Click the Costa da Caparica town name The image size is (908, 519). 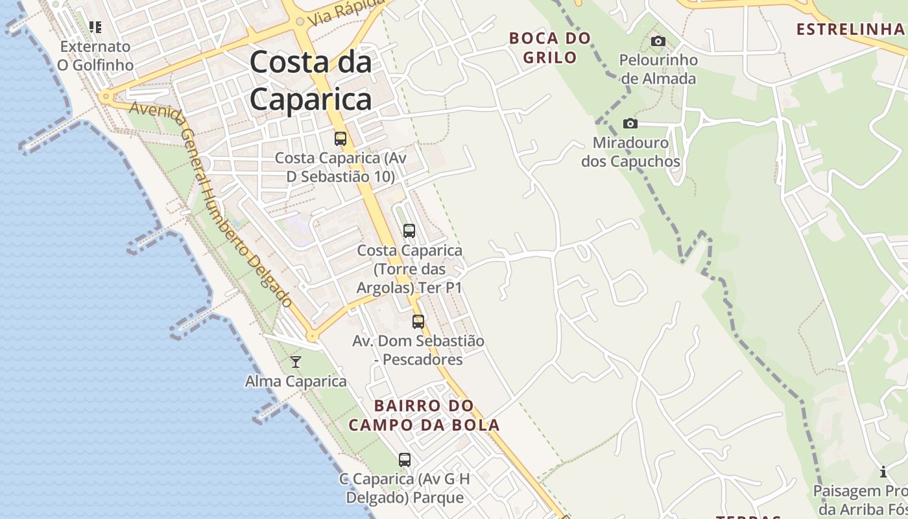(x=311, y=80)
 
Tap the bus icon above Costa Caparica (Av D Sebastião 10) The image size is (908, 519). (x=340, y=138)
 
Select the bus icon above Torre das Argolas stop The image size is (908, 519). (x=409, y=230)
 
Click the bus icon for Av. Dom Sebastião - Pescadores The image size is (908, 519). (x=418, y=321)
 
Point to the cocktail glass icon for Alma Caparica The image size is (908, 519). (x=296, y=361)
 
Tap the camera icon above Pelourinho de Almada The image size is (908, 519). (x=658, y=42)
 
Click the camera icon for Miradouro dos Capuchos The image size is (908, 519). (x=630, y=123)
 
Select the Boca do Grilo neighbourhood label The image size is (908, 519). (x=550, y=47)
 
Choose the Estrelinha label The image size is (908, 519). (x=850, y=29)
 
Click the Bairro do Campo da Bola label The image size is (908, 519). (x=424, y=415)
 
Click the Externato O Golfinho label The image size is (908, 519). (x=95, y=56)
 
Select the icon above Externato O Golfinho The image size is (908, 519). (x=95, y=27)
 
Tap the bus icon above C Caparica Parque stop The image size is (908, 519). (x=405, y=459)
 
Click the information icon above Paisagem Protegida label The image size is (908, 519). (x=883, y=472)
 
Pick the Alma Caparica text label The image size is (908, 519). (x=296, y=381)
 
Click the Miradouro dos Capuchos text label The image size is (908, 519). (x=630, y=152)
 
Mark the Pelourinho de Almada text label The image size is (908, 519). (x=658, y=69)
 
